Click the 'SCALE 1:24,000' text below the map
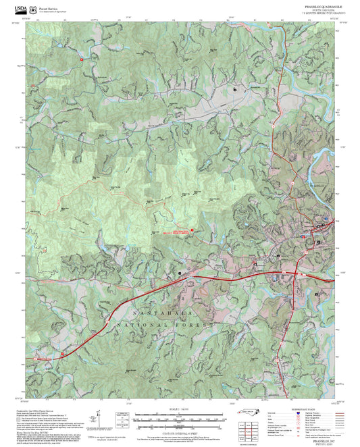pyautogui.click(x=180, y=409)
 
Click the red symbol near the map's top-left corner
pyautogui.click(x=82, y=59)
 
